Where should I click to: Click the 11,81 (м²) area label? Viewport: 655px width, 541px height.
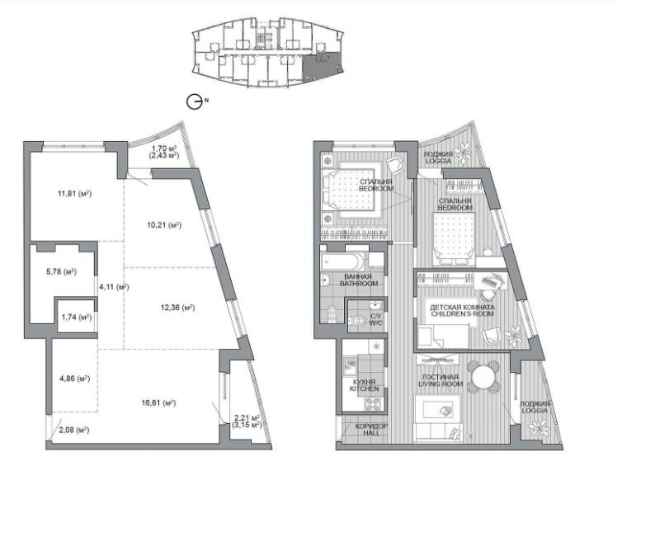coord(74,194)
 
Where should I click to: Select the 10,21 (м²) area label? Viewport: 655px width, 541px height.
coord(164,225)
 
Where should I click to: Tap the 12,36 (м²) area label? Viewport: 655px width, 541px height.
coord(178,308)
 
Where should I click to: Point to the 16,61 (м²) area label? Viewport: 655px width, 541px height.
coord(158,403)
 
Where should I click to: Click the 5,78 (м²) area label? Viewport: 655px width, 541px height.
coord(61,271)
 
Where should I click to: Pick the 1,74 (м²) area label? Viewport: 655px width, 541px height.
coord(77,317)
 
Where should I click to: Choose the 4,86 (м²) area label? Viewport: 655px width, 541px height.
coord(75,379)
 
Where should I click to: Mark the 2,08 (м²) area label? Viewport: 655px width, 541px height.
coord(74,430)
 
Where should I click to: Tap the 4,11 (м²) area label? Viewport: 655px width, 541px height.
coord(114,287)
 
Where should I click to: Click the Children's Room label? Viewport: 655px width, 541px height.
coord(463,310)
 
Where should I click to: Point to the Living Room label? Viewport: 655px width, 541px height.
coord(441,380)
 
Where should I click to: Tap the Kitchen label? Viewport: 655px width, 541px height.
coord(365,386)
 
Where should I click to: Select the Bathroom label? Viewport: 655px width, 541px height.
coord(359,280)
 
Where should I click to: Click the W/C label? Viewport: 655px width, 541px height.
coord(375,320)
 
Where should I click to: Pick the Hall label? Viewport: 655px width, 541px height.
coord(371,430)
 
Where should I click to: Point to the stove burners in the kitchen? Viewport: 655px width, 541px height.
coord(373,404)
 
